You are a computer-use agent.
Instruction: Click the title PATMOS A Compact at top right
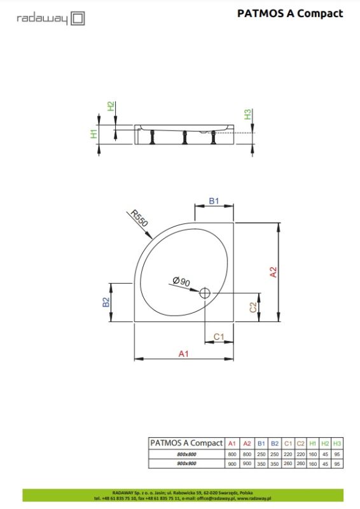pos(289,13)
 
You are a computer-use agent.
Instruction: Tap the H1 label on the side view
pos(93,134)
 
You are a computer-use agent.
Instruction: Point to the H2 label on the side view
pos(111,106)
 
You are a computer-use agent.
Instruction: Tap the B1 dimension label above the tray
pos(214,202)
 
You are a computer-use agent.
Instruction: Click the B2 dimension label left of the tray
pos(107,303)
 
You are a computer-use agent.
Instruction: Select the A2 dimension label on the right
pos(273,272)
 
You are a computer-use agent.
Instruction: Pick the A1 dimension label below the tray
pos(183,354)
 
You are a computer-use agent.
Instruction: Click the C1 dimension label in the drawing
pos(218,336)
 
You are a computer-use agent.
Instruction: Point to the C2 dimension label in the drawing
pos(253,307)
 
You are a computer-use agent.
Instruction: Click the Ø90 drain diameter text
pos(181,282)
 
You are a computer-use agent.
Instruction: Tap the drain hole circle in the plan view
pos(205,293)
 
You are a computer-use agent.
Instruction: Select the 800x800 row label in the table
pos(186,454)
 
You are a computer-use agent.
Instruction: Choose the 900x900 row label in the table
pos(186,464)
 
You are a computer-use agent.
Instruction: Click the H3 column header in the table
pos(337,443)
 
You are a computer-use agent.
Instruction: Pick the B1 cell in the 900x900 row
pos(261,464)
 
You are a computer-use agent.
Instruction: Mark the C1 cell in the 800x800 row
pos(288,454)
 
